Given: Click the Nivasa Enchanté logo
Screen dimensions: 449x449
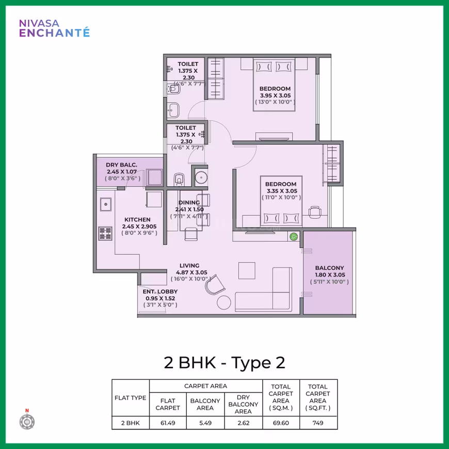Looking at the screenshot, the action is pyautogui.click(x=54, y=28).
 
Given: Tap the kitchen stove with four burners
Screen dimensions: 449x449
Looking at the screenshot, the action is pyautogui.click(x=105, y=233).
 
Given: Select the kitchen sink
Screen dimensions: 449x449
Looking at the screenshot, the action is pyautogui.click(x=106, y=204).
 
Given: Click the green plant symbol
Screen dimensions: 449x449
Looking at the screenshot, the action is pyautogui.click(x=294, y=236).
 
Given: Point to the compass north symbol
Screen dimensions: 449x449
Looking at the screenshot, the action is pyautogui.click(x=27, y=420).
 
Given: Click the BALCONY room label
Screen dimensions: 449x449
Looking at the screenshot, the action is pyautogui.click(x=329, y=268).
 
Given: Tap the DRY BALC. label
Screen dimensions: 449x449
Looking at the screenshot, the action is pyautogui.click(x=121, y=165).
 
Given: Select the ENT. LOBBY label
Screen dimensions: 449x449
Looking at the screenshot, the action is pyautogui.click(x=160, y=292).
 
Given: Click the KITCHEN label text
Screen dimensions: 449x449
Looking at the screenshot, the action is pyautogui.click(x=137, y=220).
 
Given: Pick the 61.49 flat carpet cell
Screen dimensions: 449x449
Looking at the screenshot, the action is pyautogui.click(x=168, y=423).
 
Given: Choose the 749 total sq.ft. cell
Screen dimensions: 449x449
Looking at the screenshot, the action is pyautogui.click(x=318, y=423).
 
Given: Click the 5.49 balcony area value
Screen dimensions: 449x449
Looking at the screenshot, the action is pyautogui.click(x=205, y=423).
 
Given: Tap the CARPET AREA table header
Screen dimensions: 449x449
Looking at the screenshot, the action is pyautogui.click(x=205, y=386).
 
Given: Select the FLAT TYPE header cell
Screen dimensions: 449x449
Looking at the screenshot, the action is pyautogui.click(x=130, y=398).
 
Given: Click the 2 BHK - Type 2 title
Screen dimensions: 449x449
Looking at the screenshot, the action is pyautogui.click(x=224, y=362).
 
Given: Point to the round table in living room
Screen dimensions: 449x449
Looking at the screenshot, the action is pyautogui.click(x=224, y=302).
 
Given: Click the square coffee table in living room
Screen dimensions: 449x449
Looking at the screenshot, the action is pyautogui.click(x=247, y=270).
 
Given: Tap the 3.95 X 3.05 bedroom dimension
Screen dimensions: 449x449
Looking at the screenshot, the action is pyautogui.click(x=275, y=95).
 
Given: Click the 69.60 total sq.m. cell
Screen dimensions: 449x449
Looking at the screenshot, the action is pyautogui.click(x=281, y=423).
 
